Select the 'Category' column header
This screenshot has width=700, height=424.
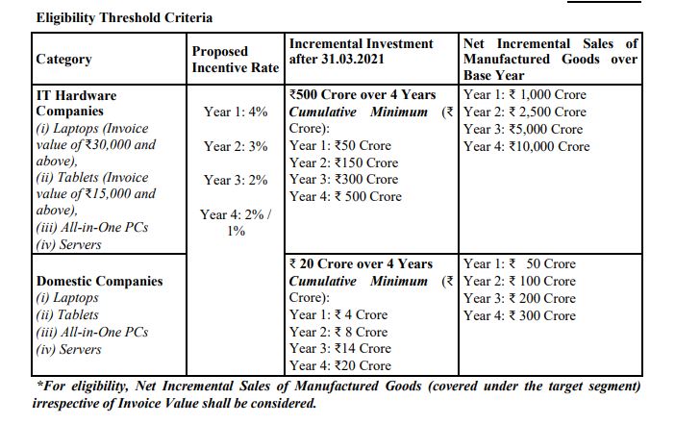point(63,60)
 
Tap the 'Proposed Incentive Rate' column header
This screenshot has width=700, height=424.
point(233,60)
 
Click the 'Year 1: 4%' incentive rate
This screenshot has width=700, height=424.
point(236,112)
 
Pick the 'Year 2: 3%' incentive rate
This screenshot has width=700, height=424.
point(236,146)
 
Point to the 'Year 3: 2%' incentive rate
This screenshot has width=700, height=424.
point(236,180)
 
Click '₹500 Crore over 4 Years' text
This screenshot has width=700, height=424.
point(362,95)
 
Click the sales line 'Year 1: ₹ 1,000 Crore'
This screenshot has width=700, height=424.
point(525,95)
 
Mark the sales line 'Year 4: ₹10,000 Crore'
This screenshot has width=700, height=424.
point(526,146)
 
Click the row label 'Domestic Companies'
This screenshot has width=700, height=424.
point(99,282)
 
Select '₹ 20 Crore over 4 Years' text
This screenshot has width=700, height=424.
point(361,263)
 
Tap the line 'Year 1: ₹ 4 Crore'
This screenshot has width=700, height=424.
point(338,314)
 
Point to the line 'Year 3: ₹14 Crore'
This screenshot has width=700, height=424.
point(340,348)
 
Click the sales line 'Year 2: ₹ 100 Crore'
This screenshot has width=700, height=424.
point(519,281)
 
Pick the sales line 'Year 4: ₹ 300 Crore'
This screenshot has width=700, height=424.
point(519,315)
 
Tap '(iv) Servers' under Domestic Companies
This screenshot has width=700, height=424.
point(68,349)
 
